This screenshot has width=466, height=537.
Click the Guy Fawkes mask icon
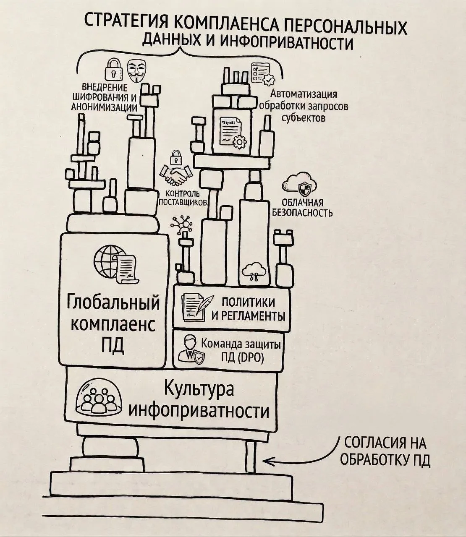pyautogui.click(x=137, y=70)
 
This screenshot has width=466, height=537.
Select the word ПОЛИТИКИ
pyautogui.click(x=248, y=302)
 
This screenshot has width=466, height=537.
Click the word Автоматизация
pyautogui.click(x=304, y=94)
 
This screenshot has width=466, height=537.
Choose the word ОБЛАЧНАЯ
pyautogui.click(x=302, y=202)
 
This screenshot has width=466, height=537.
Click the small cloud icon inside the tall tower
pyautogui.click(x=254, y=271)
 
